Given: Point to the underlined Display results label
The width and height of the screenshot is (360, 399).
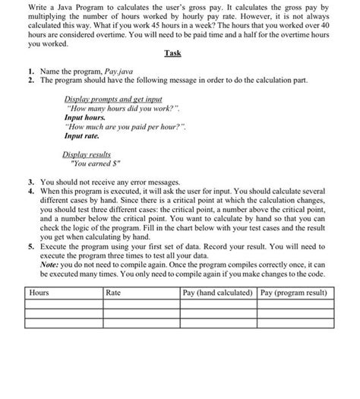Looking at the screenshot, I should (87, 154).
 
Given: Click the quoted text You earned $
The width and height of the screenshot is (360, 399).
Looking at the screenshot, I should (98, 163).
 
